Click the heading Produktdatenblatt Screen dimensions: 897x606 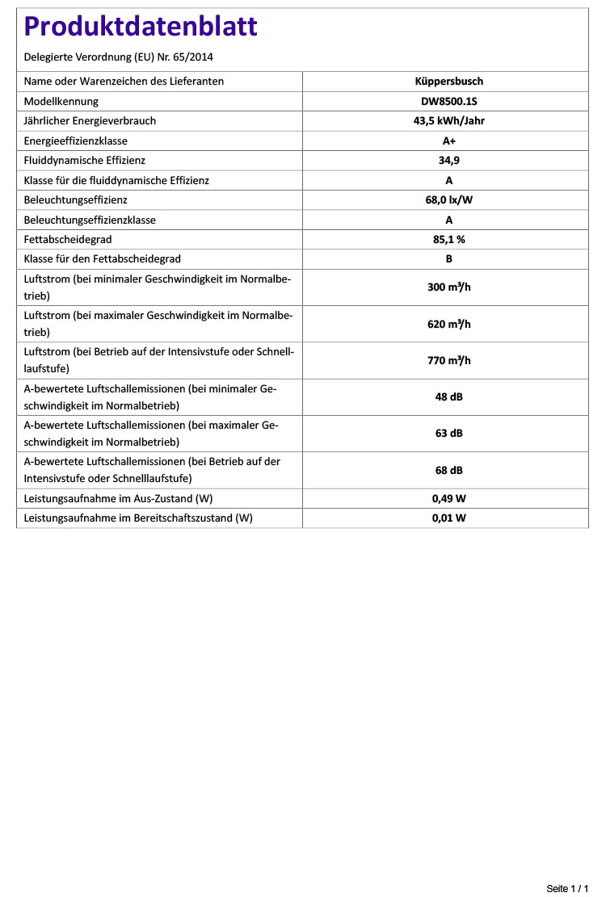pos(141,27)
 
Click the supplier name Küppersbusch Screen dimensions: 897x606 pos(448,82)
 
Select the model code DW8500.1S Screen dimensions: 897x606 pos(448,102)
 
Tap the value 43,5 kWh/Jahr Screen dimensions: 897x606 pos(448,121)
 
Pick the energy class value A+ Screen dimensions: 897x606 pos(448,141)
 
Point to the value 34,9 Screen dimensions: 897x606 pos(448,161)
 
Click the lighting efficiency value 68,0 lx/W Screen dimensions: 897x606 pos(448,200)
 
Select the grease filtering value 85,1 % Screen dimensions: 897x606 pos(448,240)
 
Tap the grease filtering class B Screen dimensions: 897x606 pos(448,259)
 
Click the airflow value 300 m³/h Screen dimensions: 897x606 pos(448,287)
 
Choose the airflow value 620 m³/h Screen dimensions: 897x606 pos(448,325)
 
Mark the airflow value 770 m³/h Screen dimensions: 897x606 pos(448,361)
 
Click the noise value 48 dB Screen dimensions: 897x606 pos(448,397)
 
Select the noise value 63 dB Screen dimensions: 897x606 pos(448,434)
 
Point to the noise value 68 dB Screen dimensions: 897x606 pos(448,471)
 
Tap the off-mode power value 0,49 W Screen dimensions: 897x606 pos(448,499)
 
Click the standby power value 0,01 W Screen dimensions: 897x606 pos(448,518)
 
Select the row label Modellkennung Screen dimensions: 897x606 pos(61,102)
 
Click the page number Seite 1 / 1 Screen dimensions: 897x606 pos(567,889)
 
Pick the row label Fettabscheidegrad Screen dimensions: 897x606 pos(68,240)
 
